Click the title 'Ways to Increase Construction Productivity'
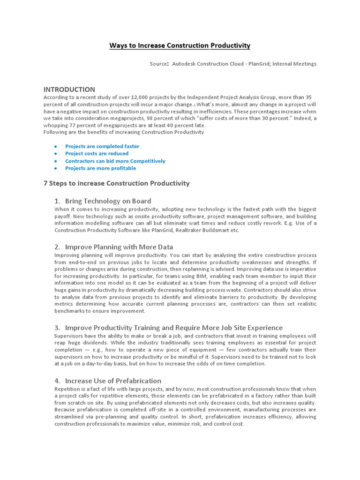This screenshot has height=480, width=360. [x=180, y=45]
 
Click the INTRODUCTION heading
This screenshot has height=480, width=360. [x=69, y=89]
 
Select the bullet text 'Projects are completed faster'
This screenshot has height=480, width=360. [x=102, y=146]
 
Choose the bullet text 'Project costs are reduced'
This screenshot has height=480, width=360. [x=97, y=153]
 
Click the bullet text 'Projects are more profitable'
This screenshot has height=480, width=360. [x=100, y=168]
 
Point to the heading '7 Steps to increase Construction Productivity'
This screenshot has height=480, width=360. [x=116, y=183]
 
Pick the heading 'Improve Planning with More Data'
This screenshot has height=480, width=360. [x=119, y=247]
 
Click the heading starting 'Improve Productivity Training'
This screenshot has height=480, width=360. [x=173, y=327]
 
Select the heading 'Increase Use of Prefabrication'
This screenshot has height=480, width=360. [x=113, y=381]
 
